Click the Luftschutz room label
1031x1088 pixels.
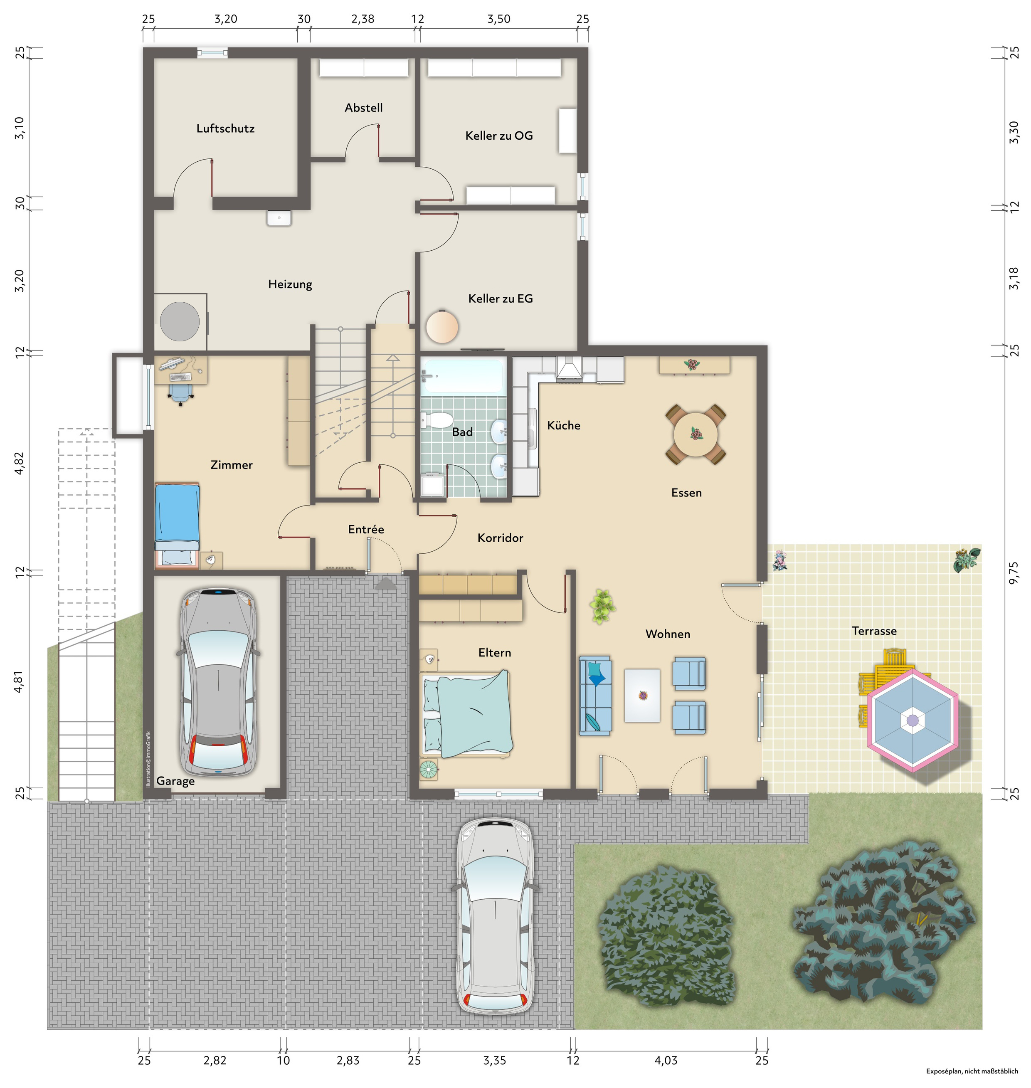[225, 128]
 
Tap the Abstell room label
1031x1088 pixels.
[363, 108]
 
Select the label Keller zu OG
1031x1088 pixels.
[498, 136]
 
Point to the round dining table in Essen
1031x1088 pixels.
[695, 434]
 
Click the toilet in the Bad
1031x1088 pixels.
[437, 421]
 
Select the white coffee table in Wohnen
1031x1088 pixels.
[642, 695]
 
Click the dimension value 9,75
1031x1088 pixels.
[1014, 572]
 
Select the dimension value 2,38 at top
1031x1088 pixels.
[363, 19]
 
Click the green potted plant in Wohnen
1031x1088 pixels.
[602, 606]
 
